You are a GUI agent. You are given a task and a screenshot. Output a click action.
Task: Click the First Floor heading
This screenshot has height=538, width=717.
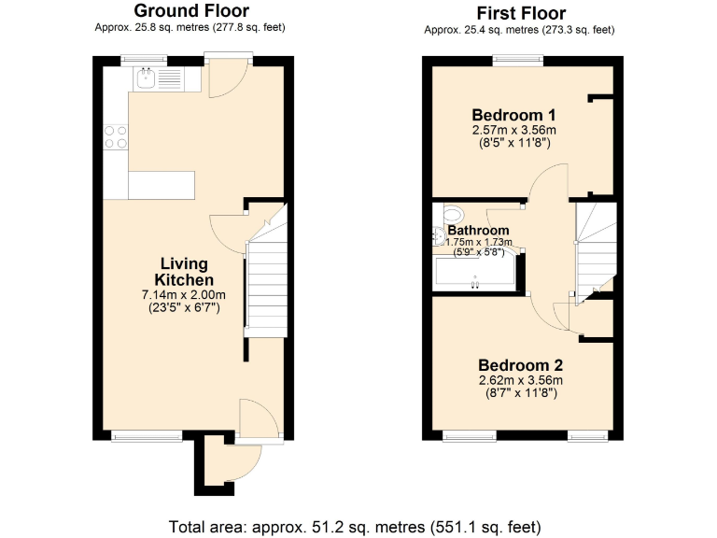[x=520, y=13]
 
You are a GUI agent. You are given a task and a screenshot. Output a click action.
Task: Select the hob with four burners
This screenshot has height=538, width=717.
[x=117, y=137]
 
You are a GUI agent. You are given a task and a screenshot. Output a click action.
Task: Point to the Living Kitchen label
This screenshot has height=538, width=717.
[x=184, y=272]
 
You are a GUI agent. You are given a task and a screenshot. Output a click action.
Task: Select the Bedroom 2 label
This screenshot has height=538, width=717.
[x=520, y=364]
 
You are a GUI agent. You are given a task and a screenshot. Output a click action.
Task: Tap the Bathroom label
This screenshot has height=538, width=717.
[x=478, y=231]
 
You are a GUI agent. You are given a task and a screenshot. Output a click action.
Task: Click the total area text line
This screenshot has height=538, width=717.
[x=355, y=526]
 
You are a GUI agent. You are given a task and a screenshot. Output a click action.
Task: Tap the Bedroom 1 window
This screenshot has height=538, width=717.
[x=517, y=61]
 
